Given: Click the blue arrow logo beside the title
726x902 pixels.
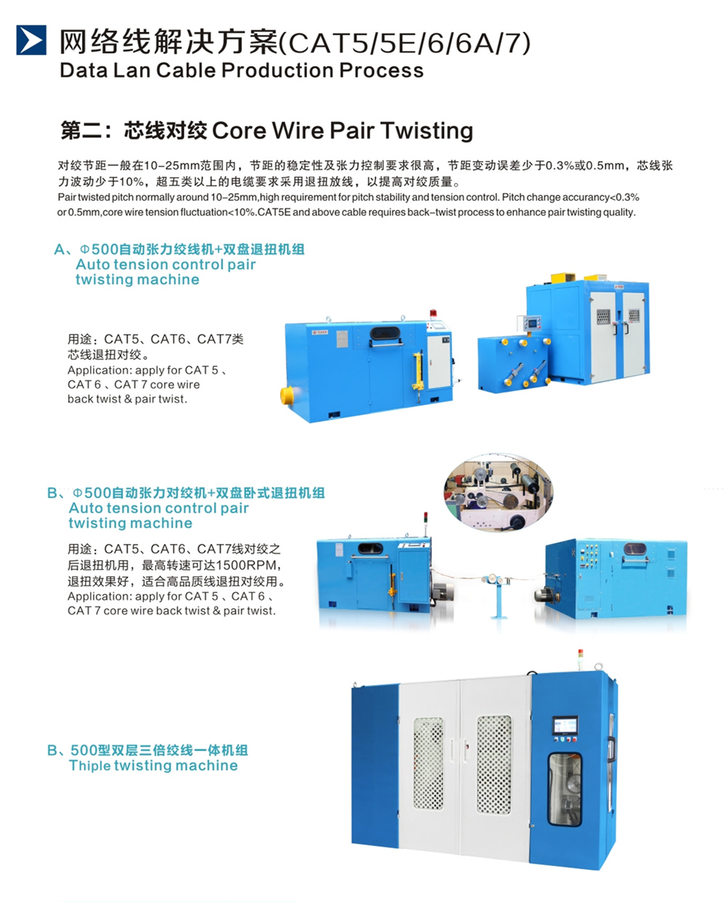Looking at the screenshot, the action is (x=31, y=40).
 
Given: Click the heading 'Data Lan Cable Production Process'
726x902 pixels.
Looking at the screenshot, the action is (x=242, y=70).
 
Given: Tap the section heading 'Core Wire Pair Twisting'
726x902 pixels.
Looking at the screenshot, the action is (x=343, y=130).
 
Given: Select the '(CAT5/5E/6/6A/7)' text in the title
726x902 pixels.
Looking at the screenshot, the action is (x=404, y=42).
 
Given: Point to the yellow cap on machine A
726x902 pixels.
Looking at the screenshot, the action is (x=287, y=395).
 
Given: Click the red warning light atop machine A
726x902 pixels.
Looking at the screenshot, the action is (x=433, y=313).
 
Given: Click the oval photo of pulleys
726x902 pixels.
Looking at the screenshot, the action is (x=499, y=492).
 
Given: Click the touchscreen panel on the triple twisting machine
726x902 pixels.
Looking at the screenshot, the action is (x=565, y=725).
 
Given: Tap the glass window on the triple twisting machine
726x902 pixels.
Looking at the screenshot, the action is (x=565, y=790).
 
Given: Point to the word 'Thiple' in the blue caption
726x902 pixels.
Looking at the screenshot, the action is (x=89, y=766).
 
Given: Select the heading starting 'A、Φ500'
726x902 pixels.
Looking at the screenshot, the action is (x=179, y=250).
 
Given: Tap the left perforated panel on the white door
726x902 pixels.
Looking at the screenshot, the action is (x=428, y=763).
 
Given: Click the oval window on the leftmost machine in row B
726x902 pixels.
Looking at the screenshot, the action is (x=370, y=549).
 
